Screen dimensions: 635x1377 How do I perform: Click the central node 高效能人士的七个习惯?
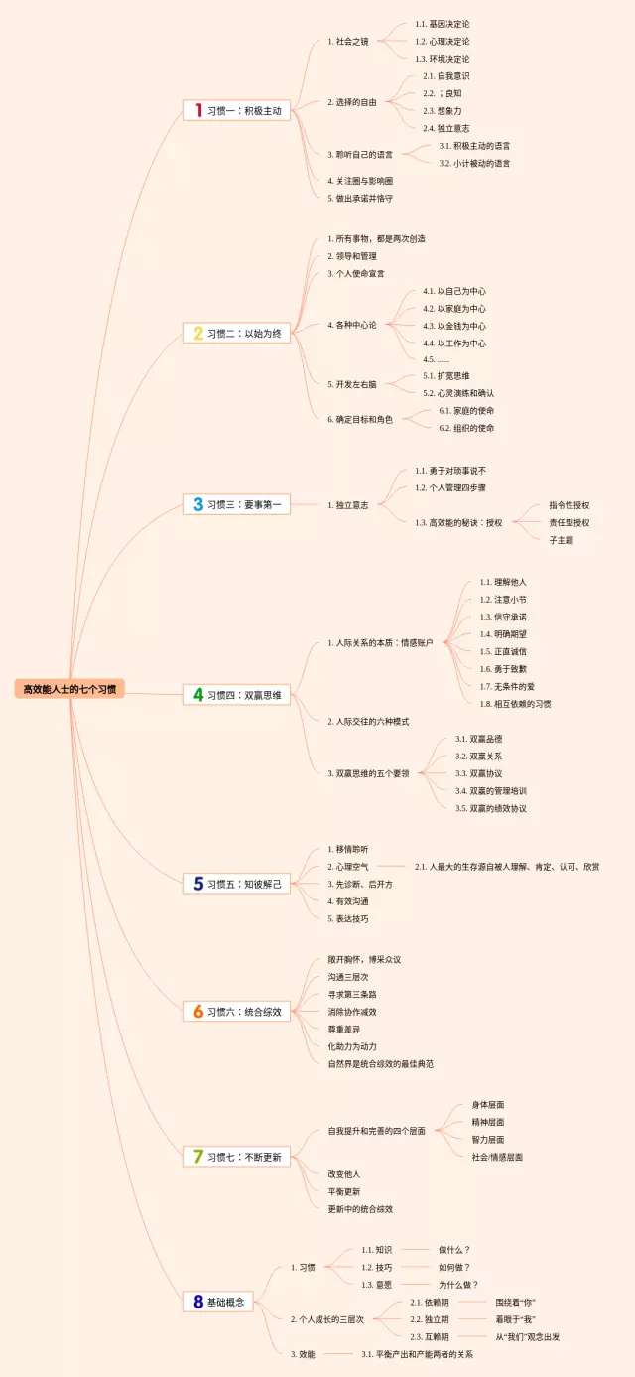(69, 689)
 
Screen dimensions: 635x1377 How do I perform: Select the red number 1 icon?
(197, 111)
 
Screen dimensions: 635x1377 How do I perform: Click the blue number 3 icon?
(197, 504)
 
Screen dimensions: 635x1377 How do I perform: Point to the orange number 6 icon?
(197, 1012)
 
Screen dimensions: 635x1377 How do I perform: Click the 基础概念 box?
(227, 1302)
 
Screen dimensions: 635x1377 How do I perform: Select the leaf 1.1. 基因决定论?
(443, 24)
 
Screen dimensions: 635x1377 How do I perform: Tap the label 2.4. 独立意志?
(445, 128)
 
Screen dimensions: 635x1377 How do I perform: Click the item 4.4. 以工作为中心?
(454, 343)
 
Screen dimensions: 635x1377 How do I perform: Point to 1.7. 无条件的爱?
(509, 686)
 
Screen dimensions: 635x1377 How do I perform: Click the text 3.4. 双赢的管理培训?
(491, 790)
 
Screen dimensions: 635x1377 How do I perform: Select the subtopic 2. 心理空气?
(348, 867)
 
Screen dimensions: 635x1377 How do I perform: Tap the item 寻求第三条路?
(352, 994)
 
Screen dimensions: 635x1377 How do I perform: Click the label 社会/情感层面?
(497, 1157)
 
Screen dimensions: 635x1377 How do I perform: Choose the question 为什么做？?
(459, 1284)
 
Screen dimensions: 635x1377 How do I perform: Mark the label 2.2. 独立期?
(430, 1319)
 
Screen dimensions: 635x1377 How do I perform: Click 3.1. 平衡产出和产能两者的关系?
(417, 1353)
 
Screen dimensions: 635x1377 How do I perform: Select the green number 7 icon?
(197, 1157)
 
